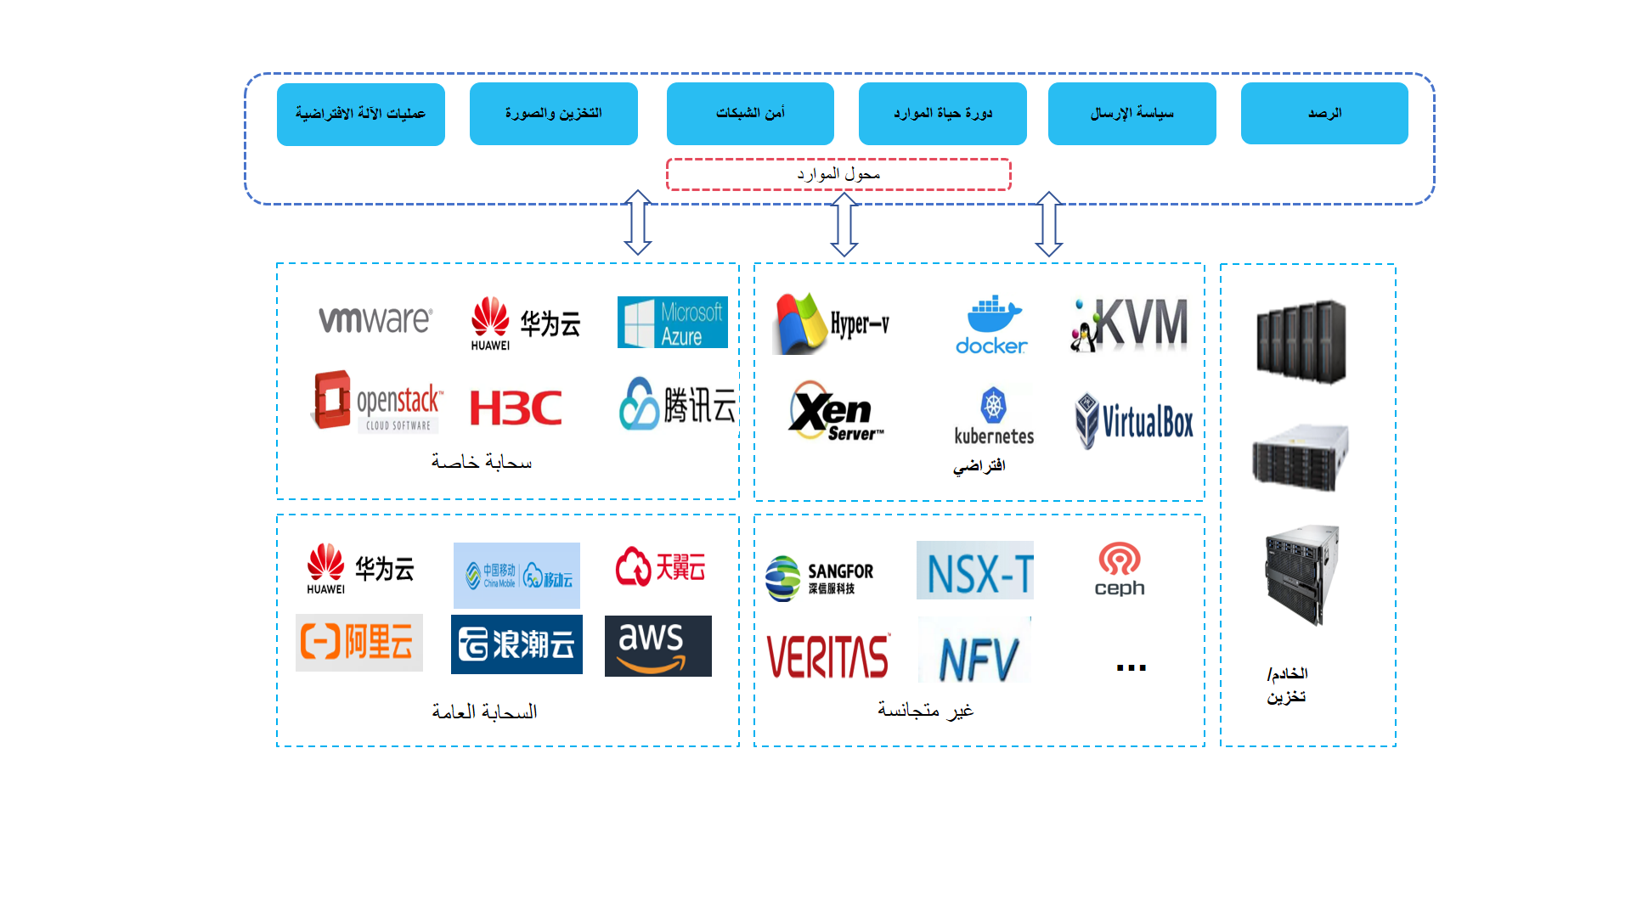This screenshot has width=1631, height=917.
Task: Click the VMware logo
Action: pyautogui.click(x=375, y=320)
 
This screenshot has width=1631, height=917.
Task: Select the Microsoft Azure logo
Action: pyautogui.click(x=672, y=323)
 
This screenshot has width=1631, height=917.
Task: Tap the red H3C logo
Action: pyautogui.click(x=516, y=408)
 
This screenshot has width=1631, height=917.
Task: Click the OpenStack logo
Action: pyautogui.click(x=378, y=401)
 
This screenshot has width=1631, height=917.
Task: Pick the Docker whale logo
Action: pyautogui.click(x=991, y=325)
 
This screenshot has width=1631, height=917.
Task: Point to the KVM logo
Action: pyautogui.click(x=1130, y=324)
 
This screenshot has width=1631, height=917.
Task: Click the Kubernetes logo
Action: pyautogui.click(x=994, y=416)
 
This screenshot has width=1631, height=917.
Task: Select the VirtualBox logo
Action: pyautogui.click(x=1134, y=420)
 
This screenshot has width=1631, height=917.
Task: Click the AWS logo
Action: pyautogui.click(x=657, y=646)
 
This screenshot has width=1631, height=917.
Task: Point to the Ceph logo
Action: pyautogui.click(x=1120, y=570)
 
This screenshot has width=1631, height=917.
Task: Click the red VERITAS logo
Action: pyautogui.click(x=827, y=657)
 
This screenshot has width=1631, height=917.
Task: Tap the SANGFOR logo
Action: pyautogui.click(x=819, y=578)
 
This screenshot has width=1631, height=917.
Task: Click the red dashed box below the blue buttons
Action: pyautogui.click(x=838, y=175)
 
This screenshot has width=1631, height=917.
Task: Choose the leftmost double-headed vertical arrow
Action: pyautogui.click(x=638, y=222)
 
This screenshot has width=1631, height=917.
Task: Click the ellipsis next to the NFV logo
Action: pyautogui.click(x=1131, y=667)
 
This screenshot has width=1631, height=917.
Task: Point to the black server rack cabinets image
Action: pyautogui.click(x=1301, y=341)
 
